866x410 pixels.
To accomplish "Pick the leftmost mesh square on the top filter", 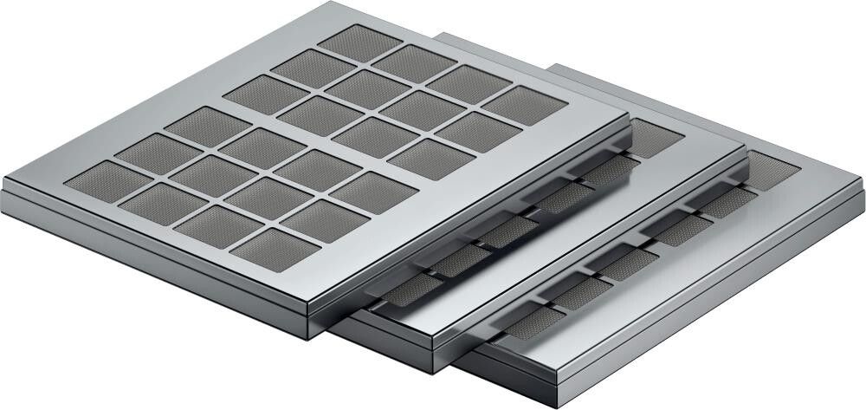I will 96,181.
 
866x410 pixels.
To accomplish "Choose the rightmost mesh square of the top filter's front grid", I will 373,191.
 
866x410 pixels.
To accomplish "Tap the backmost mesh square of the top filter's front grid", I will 202,125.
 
